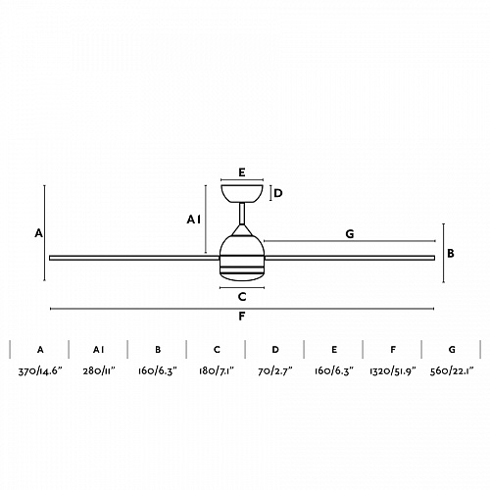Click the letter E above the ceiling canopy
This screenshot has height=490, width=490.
[x=242, y=172]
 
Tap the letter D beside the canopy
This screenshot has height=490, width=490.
[x=278, y=193]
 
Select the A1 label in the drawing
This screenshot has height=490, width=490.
[x=194, y=220]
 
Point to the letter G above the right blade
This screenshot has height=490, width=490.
[x=350, y=234]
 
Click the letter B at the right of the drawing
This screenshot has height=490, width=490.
[x=451, y=253]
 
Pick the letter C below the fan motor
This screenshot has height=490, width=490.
[x=242, y=297]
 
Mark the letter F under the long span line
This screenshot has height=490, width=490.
[x=242, y=317]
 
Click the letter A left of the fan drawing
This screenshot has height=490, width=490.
[x=39, y=233]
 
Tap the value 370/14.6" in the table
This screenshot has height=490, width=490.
[x=40, y=371]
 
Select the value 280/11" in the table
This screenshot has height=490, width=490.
[x=99, y=371]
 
